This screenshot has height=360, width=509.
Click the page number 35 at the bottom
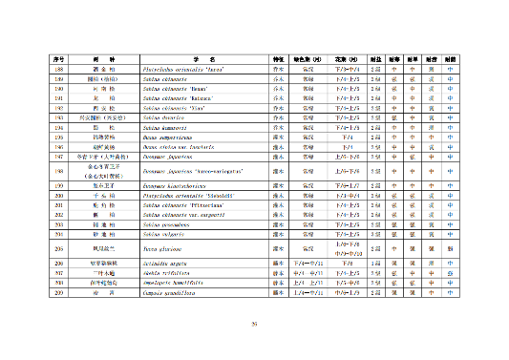(254, 325)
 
